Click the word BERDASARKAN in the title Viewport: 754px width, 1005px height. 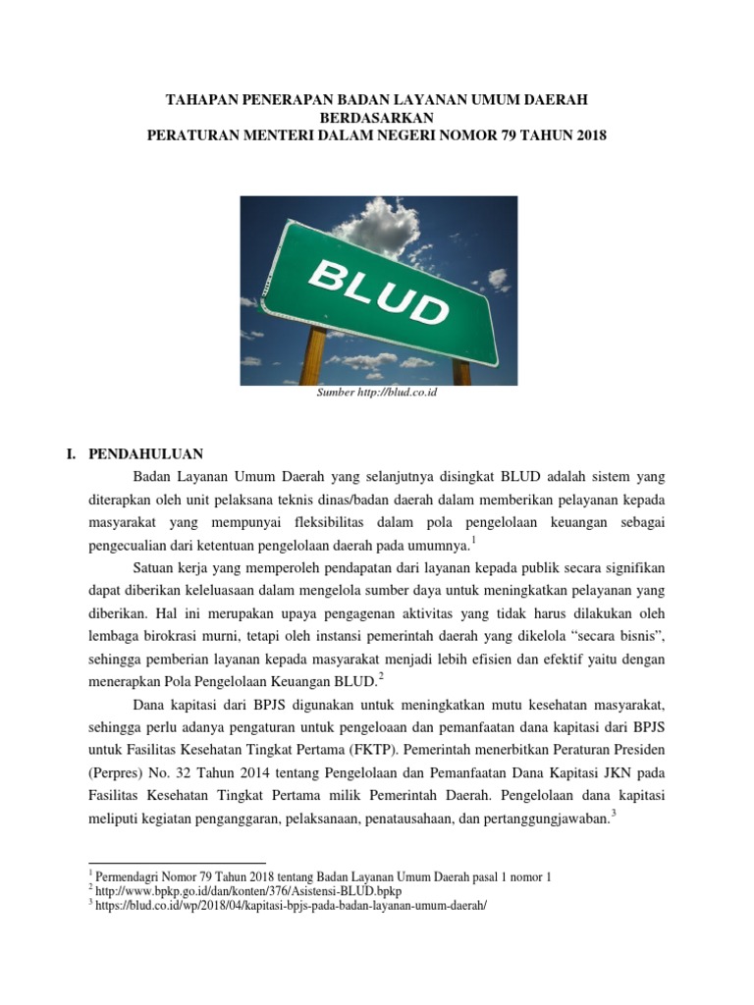click(x=377, y=118)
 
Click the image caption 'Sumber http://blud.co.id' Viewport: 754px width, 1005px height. click(x=377, y=394)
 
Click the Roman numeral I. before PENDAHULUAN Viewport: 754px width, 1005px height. click(x=71, y=453)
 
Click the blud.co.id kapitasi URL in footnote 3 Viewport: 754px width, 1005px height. click(x=289, y=906)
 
